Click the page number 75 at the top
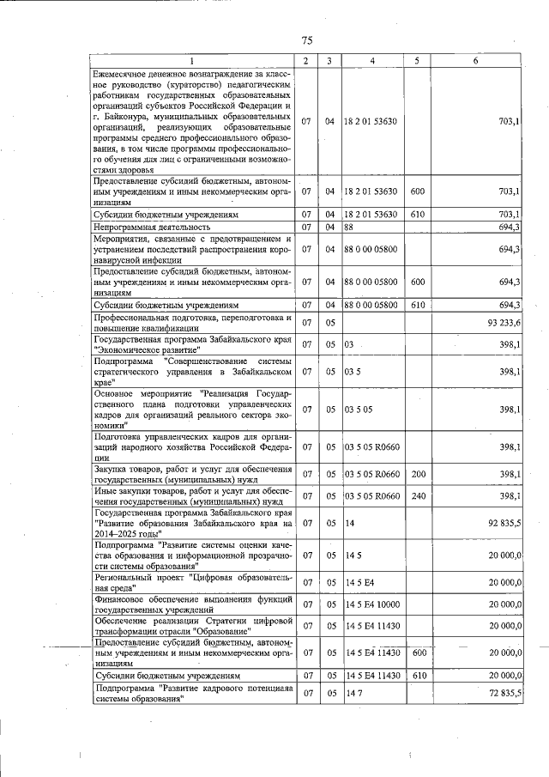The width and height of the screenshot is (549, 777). (x=307, y=40)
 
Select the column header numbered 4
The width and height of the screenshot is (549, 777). (x=373, y=60)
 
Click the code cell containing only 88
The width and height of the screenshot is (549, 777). (x=350, y=227)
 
